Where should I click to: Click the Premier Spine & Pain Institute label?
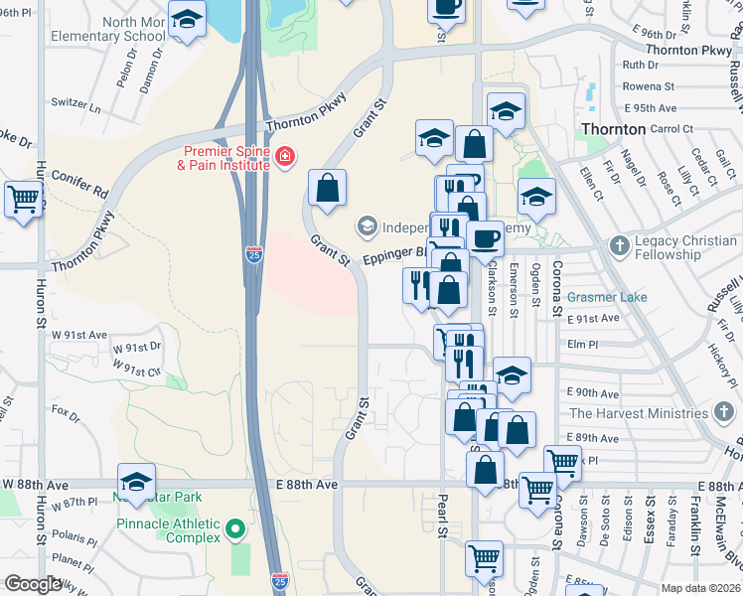tap(224, 158)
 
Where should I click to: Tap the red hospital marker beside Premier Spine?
tap(285, 158)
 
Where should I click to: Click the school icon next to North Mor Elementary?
tap(187, 19)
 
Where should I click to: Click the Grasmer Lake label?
tap(607, 297)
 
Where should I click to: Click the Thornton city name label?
tap(613, 129)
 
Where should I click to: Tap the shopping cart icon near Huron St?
tap(24, 198)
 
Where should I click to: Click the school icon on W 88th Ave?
tap(137, 481)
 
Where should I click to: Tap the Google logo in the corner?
tap(33, 585)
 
